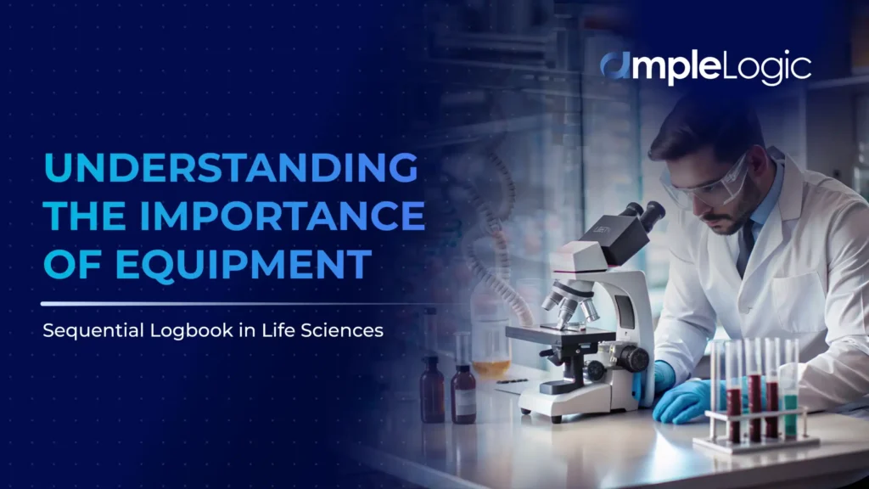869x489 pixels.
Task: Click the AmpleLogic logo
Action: (705, 68)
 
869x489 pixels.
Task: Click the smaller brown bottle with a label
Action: (463, 395)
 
